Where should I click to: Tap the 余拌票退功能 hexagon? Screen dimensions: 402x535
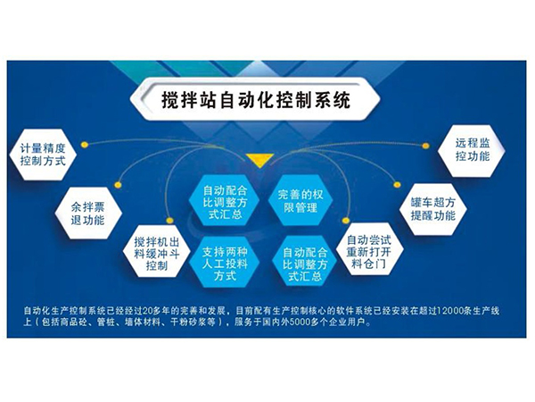87,211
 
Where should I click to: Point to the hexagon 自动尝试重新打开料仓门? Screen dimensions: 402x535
368,248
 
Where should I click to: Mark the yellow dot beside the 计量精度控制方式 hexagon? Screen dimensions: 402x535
84,144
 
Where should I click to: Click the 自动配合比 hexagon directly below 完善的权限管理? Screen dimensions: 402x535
301,260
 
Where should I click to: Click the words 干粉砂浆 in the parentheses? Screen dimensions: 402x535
206,325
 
